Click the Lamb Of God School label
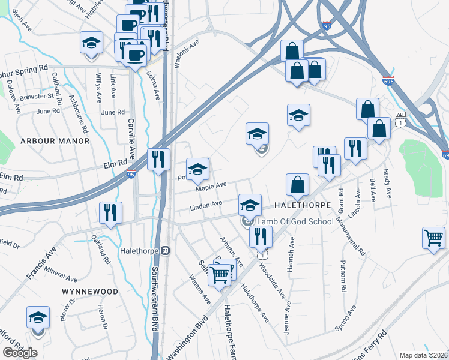295,222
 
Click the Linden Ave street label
206,205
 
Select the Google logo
20,353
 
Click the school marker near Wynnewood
38,318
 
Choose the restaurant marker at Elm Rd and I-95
159,159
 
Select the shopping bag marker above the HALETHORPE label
297,185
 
